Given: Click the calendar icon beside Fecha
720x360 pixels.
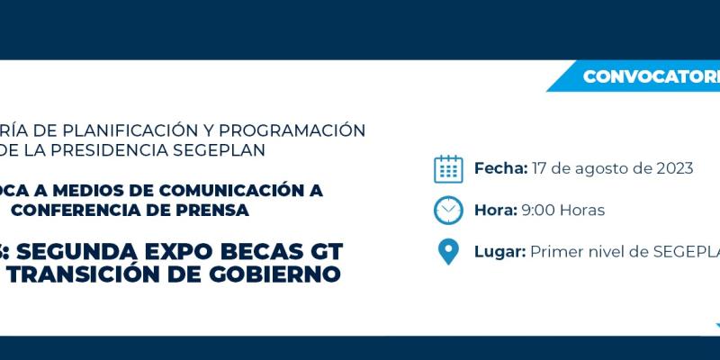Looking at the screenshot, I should (x=448, y=168).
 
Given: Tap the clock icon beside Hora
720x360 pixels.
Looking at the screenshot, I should (x=448, y=210).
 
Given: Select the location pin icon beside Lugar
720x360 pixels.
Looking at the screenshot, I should (x=448, y=251).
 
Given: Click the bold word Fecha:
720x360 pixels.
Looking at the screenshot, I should (x=500, y=168).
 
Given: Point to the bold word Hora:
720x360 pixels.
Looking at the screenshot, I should (x=496, y=210).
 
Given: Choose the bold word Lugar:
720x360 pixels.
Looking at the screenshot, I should (x=499, y=251).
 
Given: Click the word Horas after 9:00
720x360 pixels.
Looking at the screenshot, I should (x=582, y=210).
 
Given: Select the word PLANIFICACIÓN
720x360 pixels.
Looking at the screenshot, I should (x=121, y=130).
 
